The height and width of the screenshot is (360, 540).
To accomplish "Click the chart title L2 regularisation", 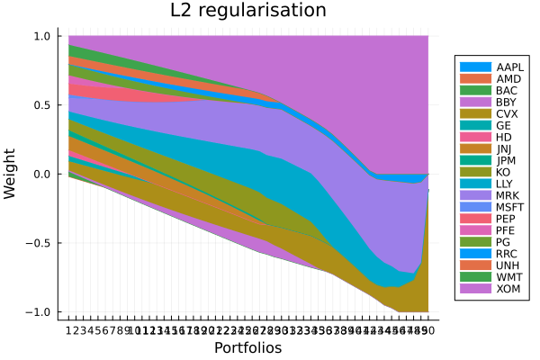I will coord(248,12).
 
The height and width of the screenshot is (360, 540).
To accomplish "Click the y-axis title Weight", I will coord(10,174).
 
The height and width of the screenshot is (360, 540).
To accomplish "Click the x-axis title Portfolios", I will coord(247,347).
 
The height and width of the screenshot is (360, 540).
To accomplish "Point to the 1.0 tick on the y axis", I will coord(40,36).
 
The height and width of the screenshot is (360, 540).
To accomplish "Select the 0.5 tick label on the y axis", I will coord(40,105).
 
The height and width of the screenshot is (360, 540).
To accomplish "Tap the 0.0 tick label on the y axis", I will coord(40,174).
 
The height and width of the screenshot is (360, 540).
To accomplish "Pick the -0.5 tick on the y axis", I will coord(38,243).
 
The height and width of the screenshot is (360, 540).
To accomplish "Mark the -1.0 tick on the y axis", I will coord(38,311).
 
